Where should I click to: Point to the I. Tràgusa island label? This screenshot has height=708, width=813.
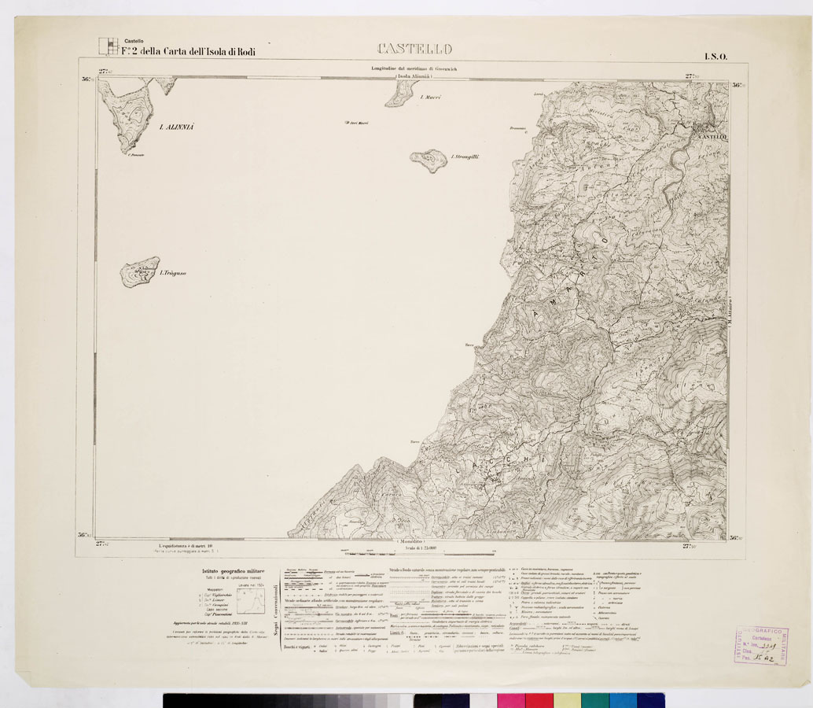tap(173, 273)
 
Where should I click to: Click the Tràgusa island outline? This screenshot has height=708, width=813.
tap(139, 272)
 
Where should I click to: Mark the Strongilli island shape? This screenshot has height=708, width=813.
tap(429, 160)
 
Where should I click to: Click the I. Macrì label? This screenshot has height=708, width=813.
tap(431, 98)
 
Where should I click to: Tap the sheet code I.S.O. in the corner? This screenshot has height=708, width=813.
tap(716, 56)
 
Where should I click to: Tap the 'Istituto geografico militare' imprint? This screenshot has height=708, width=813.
tap(230, 571)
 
